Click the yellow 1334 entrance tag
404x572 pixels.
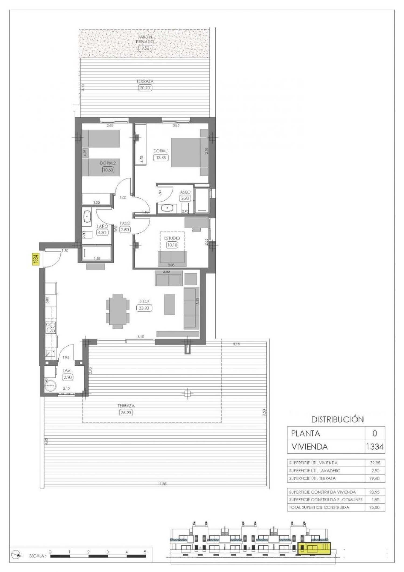36,259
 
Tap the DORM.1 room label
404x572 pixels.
161,151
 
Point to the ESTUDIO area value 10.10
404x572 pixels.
172,245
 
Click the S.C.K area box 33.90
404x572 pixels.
144,308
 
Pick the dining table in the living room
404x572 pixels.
117,311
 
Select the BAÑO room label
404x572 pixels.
102,226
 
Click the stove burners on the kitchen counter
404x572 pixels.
51,328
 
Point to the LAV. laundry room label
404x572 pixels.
67,371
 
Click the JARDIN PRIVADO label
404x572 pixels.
145,40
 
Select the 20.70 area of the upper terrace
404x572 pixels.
145,87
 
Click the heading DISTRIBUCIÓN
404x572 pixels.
337,419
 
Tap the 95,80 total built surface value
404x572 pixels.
375,507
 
